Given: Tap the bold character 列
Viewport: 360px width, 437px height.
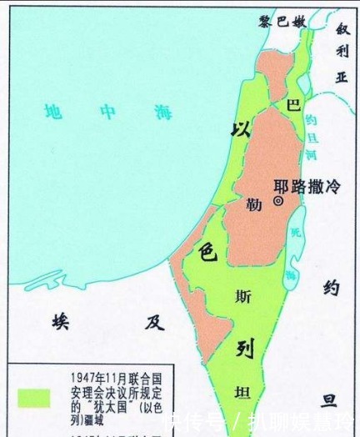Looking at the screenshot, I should point(244,347).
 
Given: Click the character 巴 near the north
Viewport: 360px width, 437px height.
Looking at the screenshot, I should point(292,105).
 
